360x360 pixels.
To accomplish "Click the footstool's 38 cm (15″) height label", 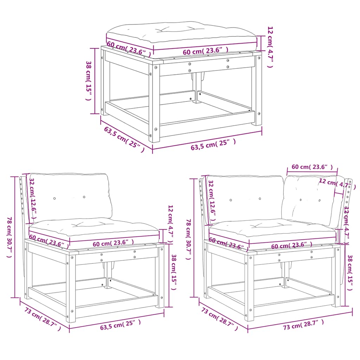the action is point(89,81).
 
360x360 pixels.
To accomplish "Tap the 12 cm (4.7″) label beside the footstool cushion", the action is point(270,47).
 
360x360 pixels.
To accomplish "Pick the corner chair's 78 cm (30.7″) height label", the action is point(188,239).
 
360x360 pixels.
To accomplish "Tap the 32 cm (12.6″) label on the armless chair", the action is point(33,198).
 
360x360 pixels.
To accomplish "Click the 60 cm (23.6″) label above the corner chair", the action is point(312,167).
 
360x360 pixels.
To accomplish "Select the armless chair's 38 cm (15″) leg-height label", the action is point(174,272).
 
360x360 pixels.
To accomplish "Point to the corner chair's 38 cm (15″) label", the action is point(350,272).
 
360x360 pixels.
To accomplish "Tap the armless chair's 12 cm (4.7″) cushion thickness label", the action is point(171,224).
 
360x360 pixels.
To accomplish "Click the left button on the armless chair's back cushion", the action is point(54,198).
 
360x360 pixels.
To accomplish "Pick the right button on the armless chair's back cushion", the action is point(84,197).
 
